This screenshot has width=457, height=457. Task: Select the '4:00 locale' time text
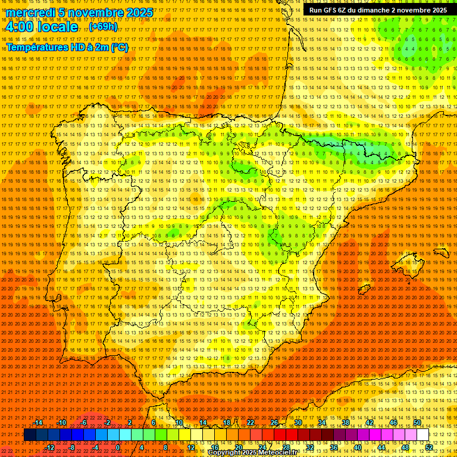click(x=41, y=27)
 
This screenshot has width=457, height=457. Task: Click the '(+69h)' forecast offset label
click(x=103, y=27)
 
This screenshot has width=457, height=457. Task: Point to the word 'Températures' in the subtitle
click(x=37, y=47)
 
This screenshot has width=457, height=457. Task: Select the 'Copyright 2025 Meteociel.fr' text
click(x=261, y=453)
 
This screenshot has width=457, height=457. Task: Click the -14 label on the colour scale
click(x=38, y=422)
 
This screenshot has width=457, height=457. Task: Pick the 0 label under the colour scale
click(x=118, y=447)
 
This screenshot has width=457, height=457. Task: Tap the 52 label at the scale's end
click(x=429, y=447)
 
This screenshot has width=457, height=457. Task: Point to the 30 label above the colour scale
click(x=298, y=422)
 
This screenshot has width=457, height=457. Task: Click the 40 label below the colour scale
click(x=357, y=447)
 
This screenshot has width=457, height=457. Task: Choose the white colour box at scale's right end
click(x=422, y=435)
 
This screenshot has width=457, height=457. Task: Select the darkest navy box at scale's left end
click(x=30, y=435)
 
